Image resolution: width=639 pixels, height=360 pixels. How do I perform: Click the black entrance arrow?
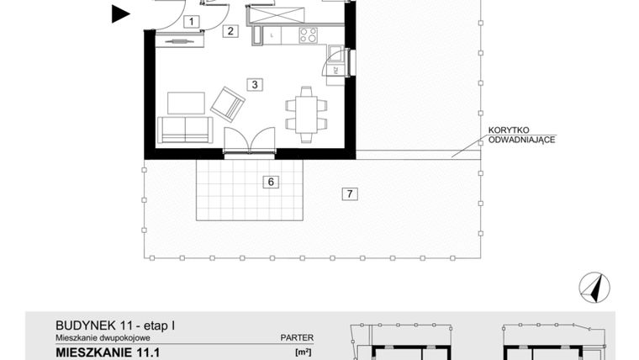pos(121,13)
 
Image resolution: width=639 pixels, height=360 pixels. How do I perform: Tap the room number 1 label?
pos(193,22)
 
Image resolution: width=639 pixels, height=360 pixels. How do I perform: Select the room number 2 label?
pos(231,32)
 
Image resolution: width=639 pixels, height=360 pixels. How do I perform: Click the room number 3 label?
pos(253,83)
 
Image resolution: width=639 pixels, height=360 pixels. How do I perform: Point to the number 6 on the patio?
pos(270,181)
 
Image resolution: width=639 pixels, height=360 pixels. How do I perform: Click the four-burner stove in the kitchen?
pos(308,35)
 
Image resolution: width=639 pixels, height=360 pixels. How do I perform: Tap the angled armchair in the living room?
pos(227,103)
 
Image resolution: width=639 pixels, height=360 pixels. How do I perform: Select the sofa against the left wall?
pos(185,130)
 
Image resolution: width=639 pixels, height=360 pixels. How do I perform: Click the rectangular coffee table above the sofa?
pos(186,103)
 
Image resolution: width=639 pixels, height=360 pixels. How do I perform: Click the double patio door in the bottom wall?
pos(251,141)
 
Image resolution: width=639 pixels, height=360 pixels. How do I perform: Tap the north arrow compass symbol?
pos(594,289)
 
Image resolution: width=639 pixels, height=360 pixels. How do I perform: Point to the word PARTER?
pos(296,337)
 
